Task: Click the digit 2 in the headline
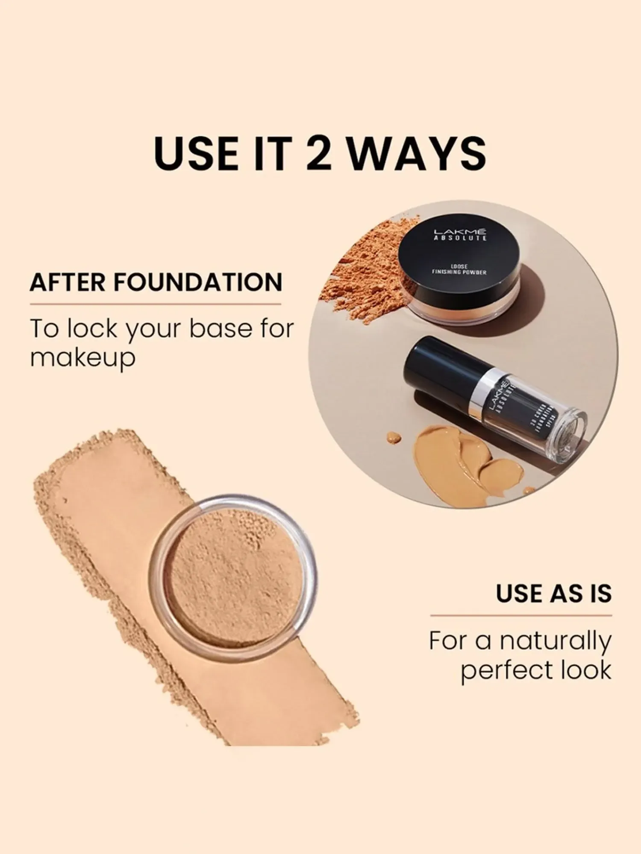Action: [x=319, y=152]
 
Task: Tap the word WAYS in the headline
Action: [x=417, y=152]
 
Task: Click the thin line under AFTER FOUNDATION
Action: [x=155, y=304]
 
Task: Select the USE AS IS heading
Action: [x=553, y=594]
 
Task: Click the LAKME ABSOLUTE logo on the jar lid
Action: [x=460, y=234]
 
